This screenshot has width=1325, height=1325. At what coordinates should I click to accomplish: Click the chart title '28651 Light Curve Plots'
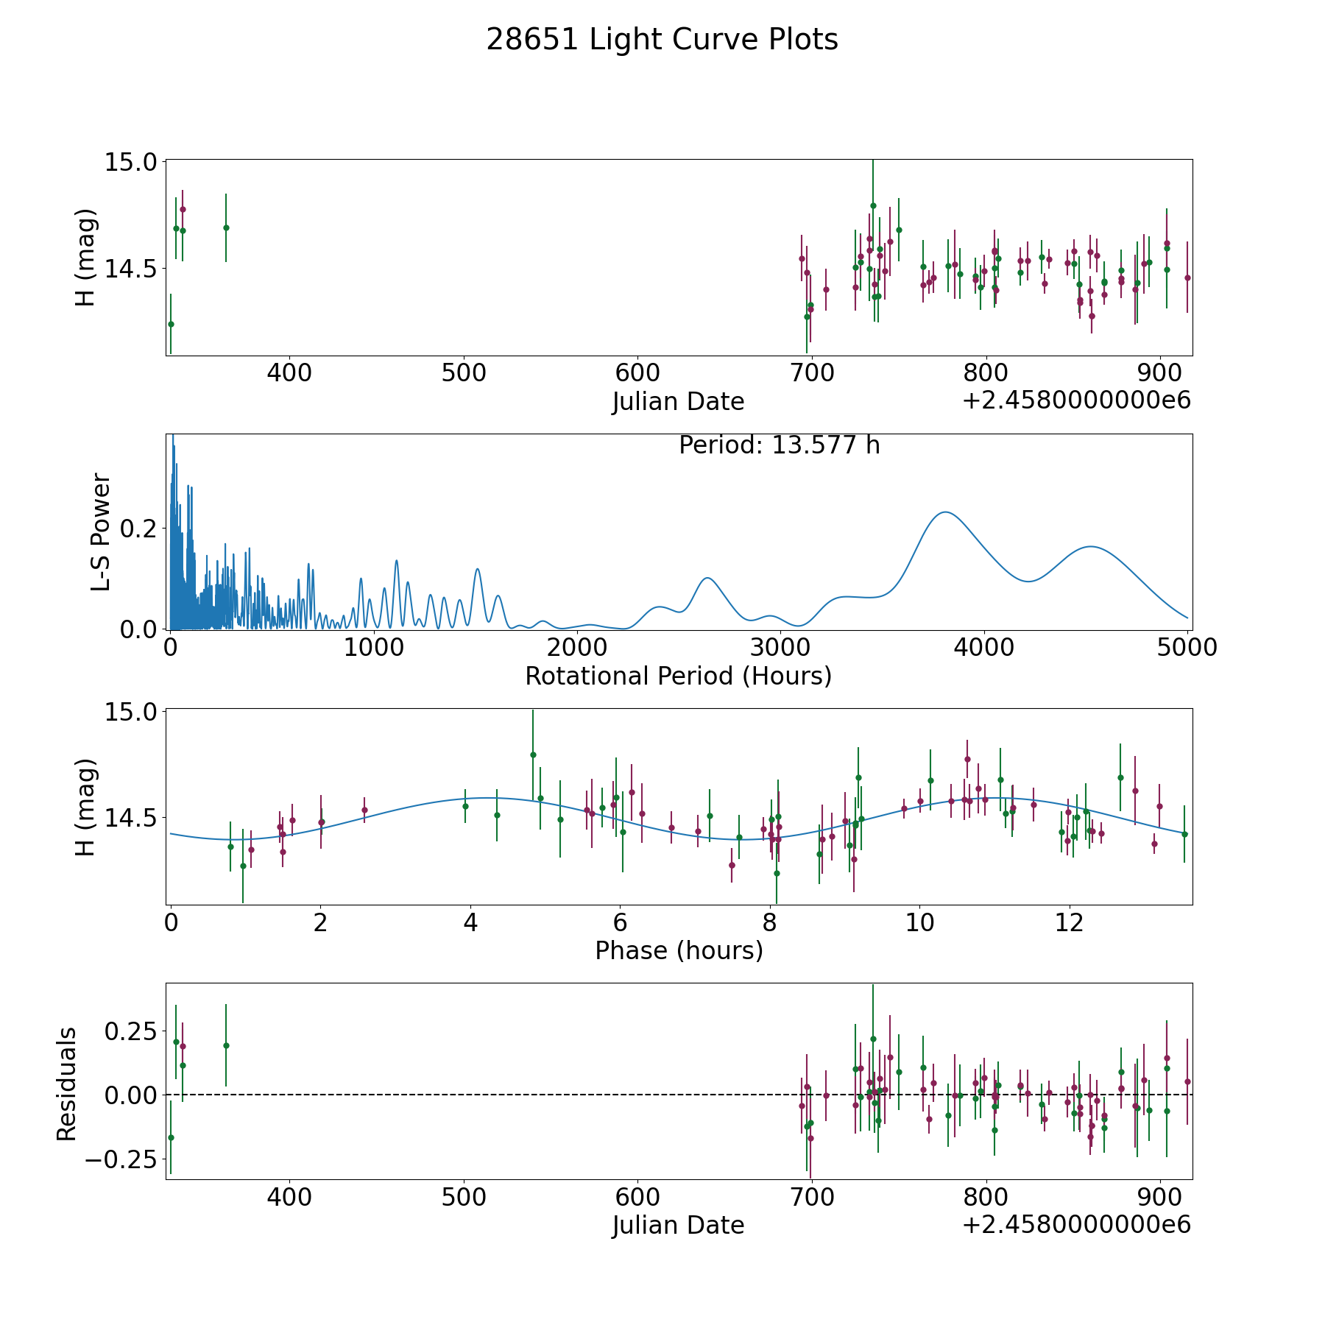662,40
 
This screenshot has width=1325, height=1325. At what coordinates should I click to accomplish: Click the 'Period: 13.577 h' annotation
779,446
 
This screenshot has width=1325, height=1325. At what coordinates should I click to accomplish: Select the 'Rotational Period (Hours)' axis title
678,676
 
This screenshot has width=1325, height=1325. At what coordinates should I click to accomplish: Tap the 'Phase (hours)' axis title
678,951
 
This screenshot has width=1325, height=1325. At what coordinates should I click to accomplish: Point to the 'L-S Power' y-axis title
101,532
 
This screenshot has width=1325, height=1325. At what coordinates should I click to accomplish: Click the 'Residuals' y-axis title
67,1084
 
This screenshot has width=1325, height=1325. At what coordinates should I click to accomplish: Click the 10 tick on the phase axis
919,923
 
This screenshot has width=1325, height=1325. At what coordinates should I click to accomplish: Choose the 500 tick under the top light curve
463,372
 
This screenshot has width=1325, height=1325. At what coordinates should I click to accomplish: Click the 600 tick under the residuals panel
637,1197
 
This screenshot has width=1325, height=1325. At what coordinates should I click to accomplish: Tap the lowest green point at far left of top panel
171,324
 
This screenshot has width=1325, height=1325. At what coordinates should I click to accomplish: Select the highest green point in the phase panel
533,755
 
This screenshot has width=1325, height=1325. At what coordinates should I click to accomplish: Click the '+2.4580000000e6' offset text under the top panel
1076,401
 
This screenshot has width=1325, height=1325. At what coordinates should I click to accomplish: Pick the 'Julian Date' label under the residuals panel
678,1226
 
